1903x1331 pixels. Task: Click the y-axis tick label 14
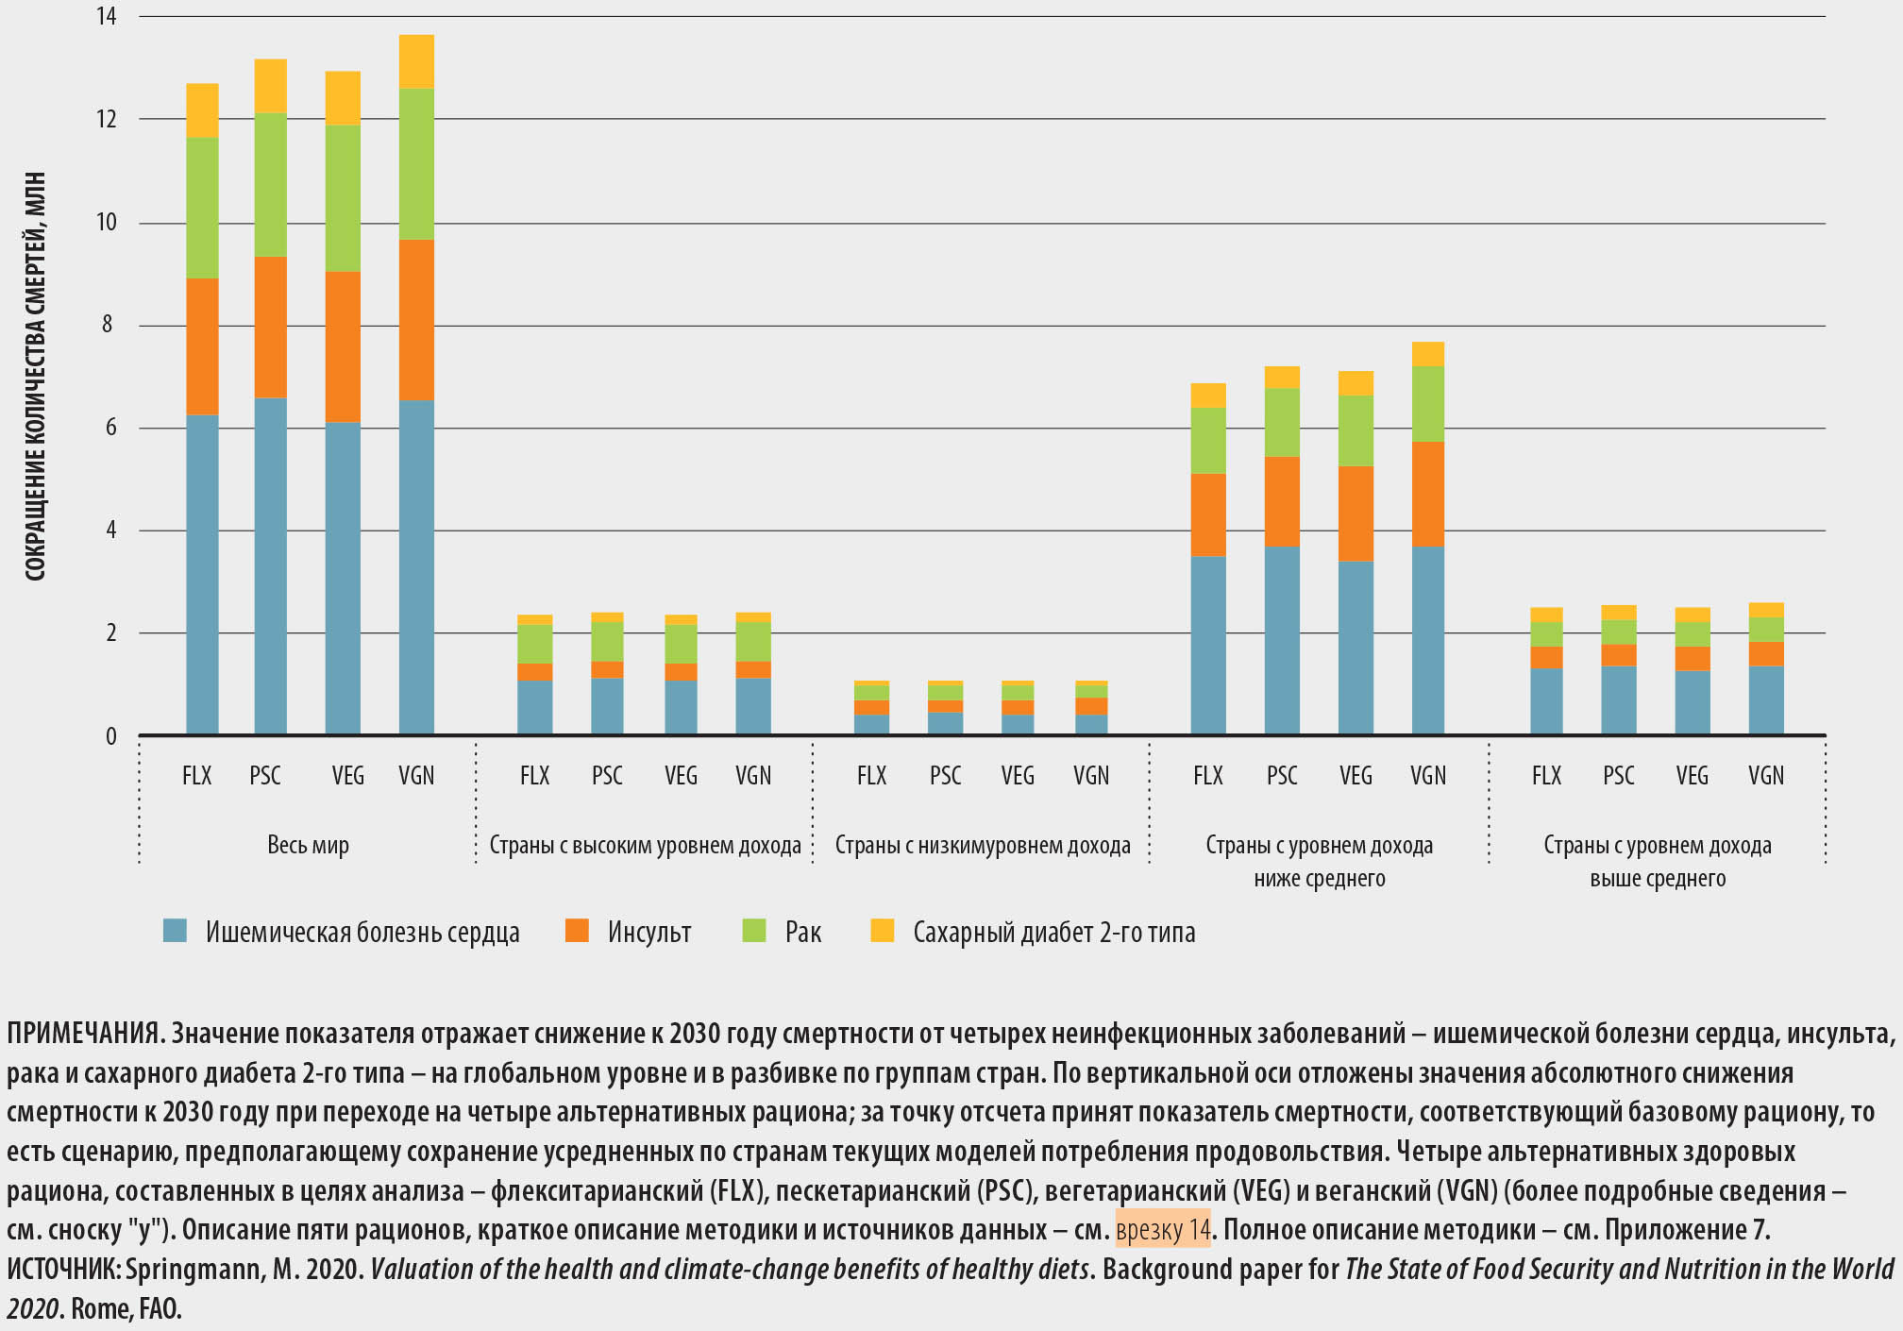(x=106, y=16)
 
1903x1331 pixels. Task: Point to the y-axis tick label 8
(x=108, y=325)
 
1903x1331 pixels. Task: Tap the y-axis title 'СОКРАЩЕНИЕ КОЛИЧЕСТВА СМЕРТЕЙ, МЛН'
(x=35, y=377)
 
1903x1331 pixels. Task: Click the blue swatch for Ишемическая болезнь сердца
(x=175, y=931)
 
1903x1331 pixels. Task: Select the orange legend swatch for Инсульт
(x=577, y=931)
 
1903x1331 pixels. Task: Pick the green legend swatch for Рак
(x=754, y=931)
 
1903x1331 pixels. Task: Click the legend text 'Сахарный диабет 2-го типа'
(x=1053, y=933)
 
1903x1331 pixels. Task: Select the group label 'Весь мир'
(x=308, y=845)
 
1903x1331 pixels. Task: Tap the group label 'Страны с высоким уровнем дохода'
(x=645, y=845)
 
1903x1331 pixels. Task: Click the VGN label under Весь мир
(x=416, y=776)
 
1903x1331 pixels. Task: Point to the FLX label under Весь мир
(x=196, y=776)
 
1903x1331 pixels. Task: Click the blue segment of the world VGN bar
(x=416, y=566)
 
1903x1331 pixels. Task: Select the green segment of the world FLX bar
(x=202, y=208)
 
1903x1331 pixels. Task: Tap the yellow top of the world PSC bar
(x=270, y=86)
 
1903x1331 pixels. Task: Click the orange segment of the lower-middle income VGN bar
(x=1427, y=494)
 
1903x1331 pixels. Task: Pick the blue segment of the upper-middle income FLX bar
(x=1546, y=700)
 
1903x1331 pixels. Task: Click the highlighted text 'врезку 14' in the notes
(x=1163, y=1230)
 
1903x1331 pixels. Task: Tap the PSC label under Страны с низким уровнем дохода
(x=945, y=776)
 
